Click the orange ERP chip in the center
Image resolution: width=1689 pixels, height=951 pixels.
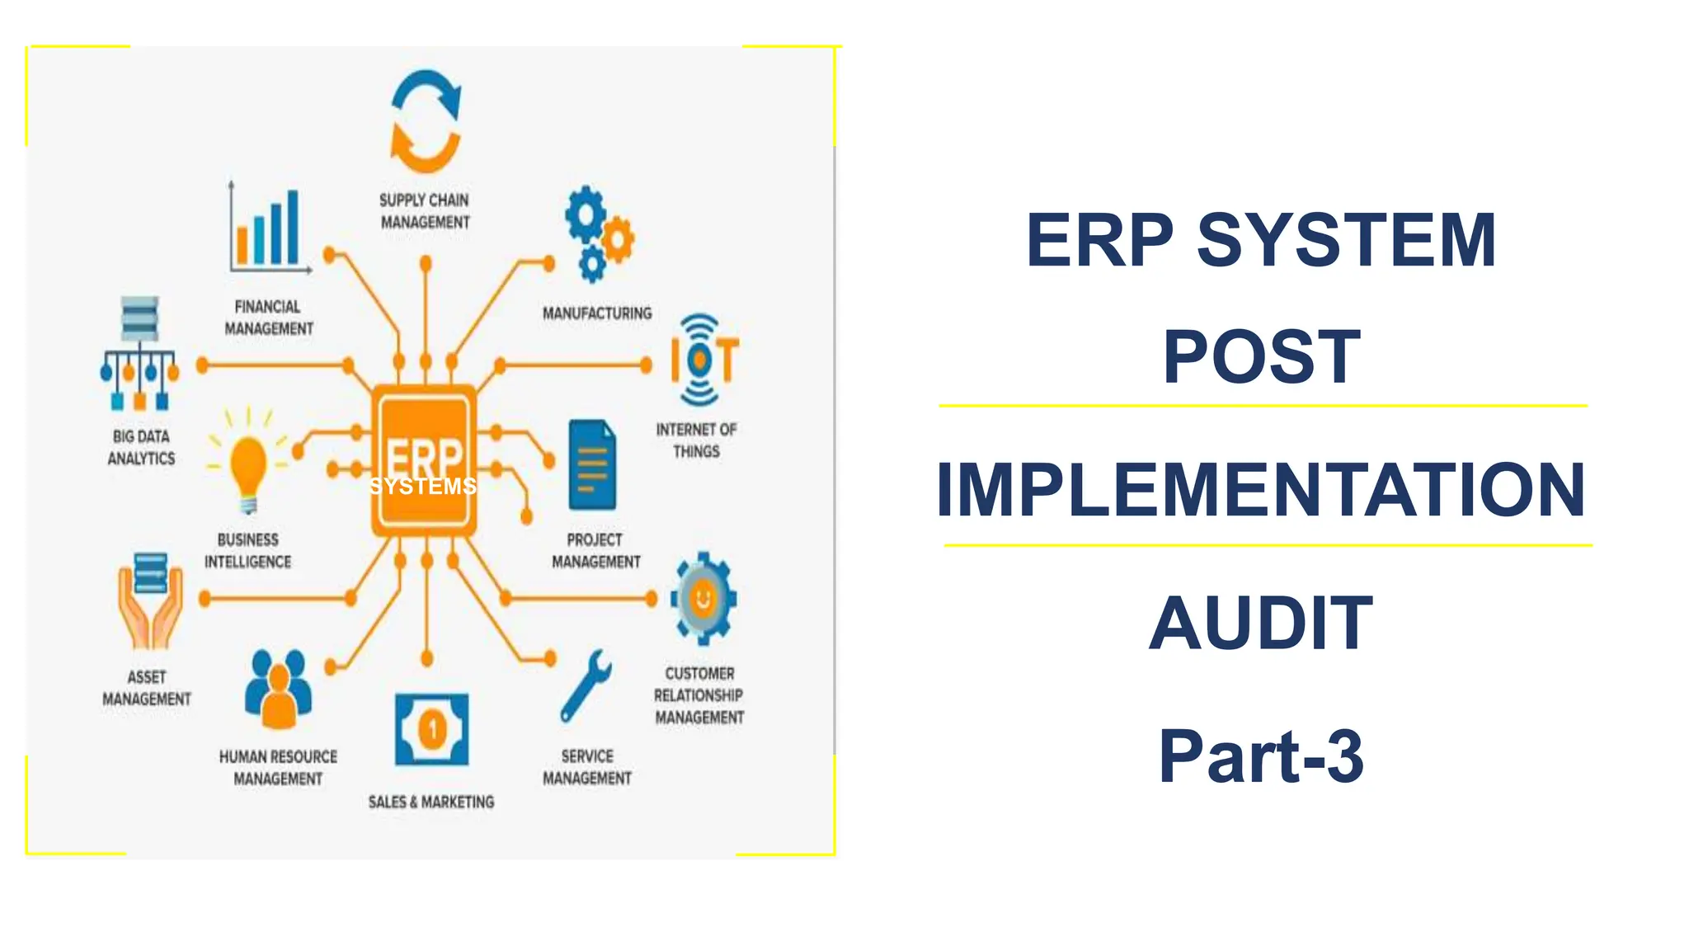424,459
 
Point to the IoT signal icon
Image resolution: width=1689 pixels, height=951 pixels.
703,360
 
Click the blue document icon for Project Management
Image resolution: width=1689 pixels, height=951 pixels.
592,465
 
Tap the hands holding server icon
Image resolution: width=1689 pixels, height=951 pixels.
149,600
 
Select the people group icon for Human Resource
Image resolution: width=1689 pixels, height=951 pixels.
278,690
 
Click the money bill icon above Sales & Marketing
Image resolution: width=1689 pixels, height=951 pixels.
431,730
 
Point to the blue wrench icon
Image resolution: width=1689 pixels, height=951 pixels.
586,686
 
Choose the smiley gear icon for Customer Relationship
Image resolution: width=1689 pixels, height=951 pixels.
703,598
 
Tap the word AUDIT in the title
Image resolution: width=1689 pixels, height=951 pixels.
1260,624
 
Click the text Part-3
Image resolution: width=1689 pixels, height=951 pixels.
1260,756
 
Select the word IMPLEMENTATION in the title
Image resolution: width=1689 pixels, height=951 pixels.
1260,490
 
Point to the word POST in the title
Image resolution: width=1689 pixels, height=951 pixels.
1261,357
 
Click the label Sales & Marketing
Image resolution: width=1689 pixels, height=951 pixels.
431,802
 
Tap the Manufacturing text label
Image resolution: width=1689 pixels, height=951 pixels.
597,313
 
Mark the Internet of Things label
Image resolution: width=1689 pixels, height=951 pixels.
696,440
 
